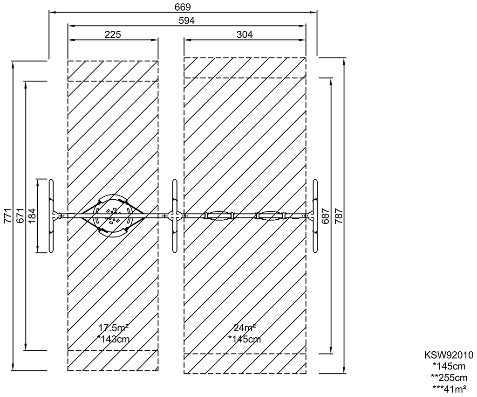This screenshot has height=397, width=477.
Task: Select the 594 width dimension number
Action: (x=186, y=21)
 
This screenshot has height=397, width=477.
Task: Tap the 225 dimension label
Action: (x=113, y=35)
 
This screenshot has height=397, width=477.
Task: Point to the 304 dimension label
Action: (x=245, y=35)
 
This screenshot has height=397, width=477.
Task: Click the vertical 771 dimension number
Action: (x=7, y=216)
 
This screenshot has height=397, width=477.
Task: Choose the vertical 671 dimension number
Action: (x=20, y=216)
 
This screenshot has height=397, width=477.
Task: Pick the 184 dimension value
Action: (x=32, y=216)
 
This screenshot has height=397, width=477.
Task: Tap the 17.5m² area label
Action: (x=113, y=328)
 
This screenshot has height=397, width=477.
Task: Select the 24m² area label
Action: (x=245, y=327)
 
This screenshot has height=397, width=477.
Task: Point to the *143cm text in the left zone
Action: (x=113, y=339)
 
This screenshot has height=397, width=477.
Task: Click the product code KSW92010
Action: (x=449, y=355)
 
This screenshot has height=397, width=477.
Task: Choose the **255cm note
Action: (x=449, y=377)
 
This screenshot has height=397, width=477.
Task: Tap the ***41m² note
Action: (x=450, y=388)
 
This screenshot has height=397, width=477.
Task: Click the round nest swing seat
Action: (x=113, y=216)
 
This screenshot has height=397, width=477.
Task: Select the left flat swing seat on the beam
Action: (x=219, y=216)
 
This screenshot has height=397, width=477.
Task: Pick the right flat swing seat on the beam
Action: (x=272, y=216)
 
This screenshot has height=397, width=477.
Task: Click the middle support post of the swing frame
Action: (x=175, y=216)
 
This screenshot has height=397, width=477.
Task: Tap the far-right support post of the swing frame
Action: (x=315, y=216)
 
